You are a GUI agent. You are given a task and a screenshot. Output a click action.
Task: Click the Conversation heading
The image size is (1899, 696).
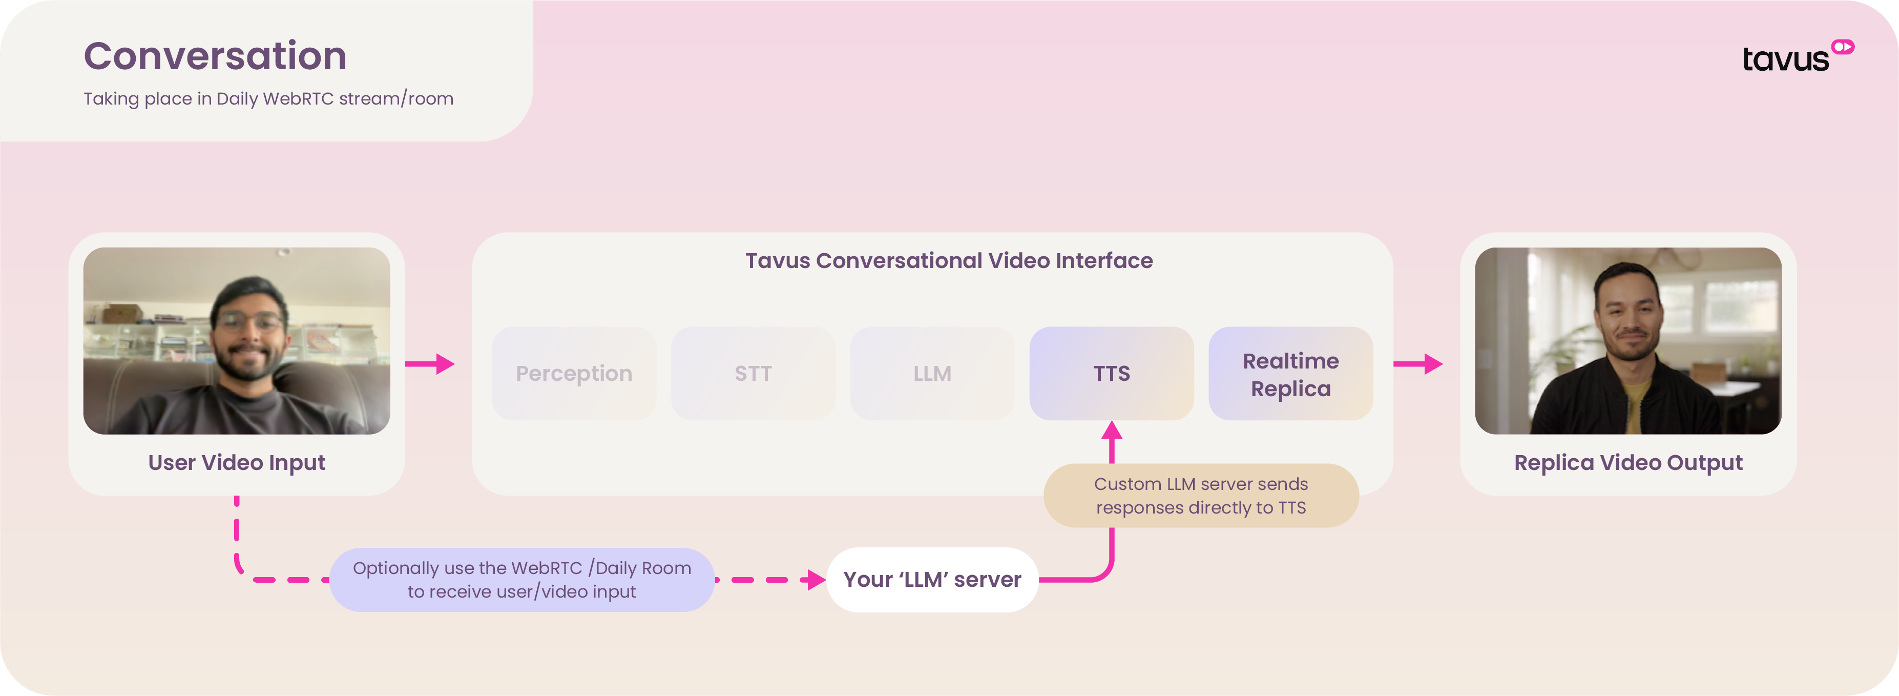click(x=215, y=56)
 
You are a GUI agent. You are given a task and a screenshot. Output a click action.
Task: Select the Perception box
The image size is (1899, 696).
click(x=574, y=373)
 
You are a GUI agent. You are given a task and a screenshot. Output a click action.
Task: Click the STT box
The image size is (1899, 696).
click(x=753, y=373)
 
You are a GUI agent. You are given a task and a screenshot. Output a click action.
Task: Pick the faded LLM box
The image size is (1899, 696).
click(x=932, y=373)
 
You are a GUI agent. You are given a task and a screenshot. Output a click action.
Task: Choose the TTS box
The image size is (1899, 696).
click(x=1111, y=373)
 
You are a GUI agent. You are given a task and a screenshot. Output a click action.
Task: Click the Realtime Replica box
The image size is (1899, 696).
click(x=1290, y=373)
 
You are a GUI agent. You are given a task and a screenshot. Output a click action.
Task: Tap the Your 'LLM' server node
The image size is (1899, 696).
click(x=932, y=580)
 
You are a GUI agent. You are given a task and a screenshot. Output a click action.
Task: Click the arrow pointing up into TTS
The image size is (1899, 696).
click(x=1112, y=442)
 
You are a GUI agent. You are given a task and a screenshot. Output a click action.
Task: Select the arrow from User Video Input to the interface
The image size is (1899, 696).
click(x=430, y=363)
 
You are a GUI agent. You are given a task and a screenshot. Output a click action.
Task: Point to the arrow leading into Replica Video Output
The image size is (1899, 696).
click(x=1417, y=363)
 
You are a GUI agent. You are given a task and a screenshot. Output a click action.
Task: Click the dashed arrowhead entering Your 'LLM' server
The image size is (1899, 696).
click(x=816, y=580)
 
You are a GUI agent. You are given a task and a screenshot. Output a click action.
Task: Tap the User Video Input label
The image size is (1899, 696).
click(x=237, y=462)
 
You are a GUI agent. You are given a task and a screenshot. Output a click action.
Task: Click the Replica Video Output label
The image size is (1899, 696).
click(x=1627, y=462)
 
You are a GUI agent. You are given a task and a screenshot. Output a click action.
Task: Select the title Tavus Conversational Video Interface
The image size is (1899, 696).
click(x=949, y=260)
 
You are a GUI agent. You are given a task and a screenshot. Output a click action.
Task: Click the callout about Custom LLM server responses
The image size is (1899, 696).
click(x=1201, y=496)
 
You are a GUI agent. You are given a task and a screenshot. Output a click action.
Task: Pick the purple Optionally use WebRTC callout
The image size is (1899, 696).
click(x=522, y=580)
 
